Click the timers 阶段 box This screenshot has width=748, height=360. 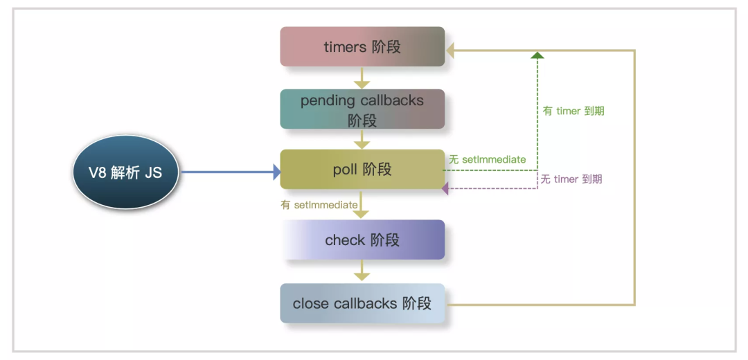(x=362, y=47)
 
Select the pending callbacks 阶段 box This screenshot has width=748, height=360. (x=362, y=109)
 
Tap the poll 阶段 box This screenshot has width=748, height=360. (x=362, y=170)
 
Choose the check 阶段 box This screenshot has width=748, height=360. (x=362, y=240)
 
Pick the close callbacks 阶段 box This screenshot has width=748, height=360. (x=362, y=303)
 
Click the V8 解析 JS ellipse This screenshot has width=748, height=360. (x=126, y=172)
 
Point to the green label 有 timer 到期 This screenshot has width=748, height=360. (x=573, y=111)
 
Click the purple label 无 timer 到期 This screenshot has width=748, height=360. (x=571, y=179)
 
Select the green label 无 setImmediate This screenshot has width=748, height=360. (x=487, y=160)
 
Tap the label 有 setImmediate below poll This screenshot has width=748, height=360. (x=319, y=205)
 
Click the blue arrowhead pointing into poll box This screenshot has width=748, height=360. (x=276, y=172)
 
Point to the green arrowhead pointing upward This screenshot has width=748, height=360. (x=537, y=55)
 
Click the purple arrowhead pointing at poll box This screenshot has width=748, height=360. (x=447, y=188)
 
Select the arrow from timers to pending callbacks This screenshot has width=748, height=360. (x=362, y=78)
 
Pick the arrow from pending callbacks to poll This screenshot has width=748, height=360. (x=362, y=139)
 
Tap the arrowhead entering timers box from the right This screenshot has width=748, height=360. (x=451, y=51)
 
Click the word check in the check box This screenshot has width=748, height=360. (x=345, y=240)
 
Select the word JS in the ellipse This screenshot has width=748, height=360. (x=153, y=172)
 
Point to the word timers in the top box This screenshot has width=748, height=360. (x=344, y=47)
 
